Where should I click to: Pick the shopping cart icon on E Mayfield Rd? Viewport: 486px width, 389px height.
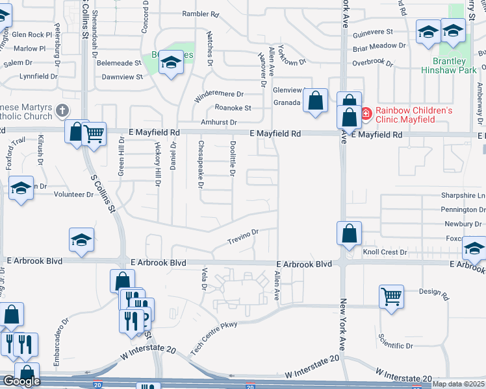[95, 134]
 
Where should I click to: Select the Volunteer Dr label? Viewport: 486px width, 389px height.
[73, 194]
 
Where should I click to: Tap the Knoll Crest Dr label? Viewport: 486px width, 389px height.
[385, 252]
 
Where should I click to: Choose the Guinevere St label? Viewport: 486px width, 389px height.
[372, 31]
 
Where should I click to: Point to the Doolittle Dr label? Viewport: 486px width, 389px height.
[232, 159]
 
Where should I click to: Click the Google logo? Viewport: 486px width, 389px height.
[21, 381]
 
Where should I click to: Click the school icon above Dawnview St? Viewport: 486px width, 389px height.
[171, 62]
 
